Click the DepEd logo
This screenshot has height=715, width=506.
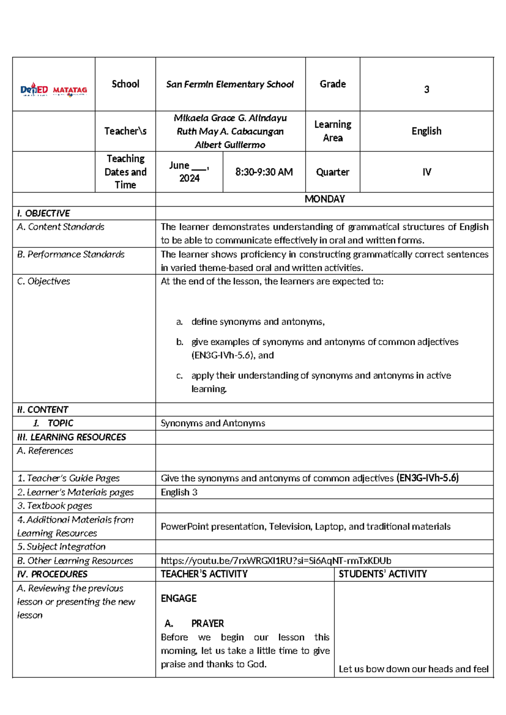click(x=34, y=90)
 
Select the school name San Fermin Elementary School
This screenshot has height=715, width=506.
click(x=230, y=84)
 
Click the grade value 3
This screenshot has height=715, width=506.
click(x=426, y=89)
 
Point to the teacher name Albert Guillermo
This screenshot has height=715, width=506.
click(x=230, y=145)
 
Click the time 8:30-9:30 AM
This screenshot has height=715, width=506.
click(x=264, y=172)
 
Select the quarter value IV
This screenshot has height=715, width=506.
click(x=426, y=172)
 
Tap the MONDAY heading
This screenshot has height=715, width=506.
click(x=324, y=199)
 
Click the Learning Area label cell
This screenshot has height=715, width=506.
click(x=332, y=131)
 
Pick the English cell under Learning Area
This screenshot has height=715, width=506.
click(x=426, y=131)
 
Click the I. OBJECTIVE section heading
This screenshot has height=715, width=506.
click(x=43, y=213)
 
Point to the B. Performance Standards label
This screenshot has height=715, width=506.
click(x=70, y=254)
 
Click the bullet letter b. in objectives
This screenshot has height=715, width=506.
click(x=180, y=342)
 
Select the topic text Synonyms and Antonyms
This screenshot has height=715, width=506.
click(x=213, y=423)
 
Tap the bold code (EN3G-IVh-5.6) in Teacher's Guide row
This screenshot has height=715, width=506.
click(x=427, y=478)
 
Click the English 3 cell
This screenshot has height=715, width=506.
click(x=179, y=492)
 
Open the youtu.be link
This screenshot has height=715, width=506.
click(x=276, y=561)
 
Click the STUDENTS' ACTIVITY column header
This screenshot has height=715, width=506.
click(x=382, y=574)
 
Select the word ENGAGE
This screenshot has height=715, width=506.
click(x=178, y=599)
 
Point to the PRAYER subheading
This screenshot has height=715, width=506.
click(x=207, y=624)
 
